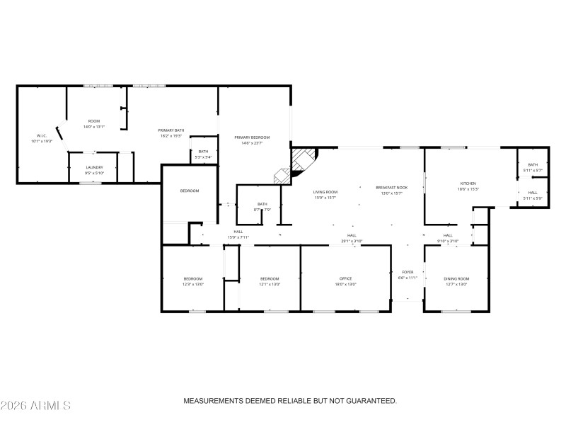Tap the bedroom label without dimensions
(189, 191)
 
